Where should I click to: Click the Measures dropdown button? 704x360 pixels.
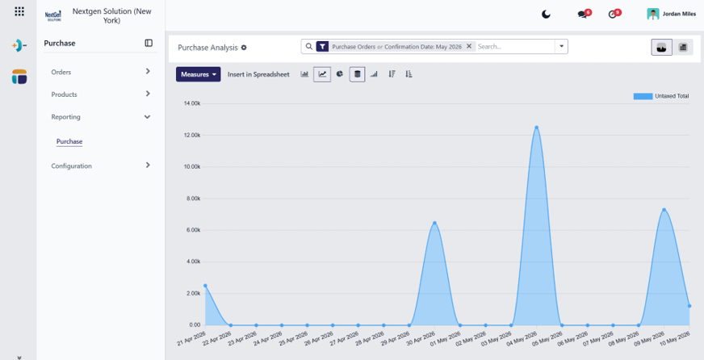[x=198, y=74]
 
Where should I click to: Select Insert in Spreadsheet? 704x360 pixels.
[x=258, y=74]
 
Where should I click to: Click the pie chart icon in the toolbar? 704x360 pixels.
[x=340, y=74]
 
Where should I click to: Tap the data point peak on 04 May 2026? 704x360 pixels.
[x=537, y=128]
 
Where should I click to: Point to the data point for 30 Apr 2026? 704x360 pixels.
[x=434, y=223]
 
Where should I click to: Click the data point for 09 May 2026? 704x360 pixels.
[x=664, y=210]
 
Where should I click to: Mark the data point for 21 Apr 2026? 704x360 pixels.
[x=205, y=286]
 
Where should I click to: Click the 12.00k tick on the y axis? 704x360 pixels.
[x=191, y=135]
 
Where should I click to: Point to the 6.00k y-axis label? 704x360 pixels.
[x=193, y=230]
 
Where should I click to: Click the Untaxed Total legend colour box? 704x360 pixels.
[x=643, y=96]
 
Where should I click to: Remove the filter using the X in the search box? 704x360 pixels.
[x=469, y=46]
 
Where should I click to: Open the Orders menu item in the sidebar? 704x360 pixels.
[x=61, y=72]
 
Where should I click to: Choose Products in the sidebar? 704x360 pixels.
[x=64, y=94]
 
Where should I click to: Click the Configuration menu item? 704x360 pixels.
[x=71, y=165]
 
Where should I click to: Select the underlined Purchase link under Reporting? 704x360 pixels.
[x=69, y=141]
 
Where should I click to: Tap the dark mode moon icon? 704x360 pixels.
[x=546, y=15]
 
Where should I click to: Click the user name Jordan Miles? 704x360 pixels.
[x=679, y=14]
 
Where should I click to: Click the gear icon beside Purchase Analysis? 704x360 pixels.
[x=244, y=47]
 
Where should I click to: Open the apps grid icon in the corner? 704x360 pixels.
[x=19, y=11]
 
